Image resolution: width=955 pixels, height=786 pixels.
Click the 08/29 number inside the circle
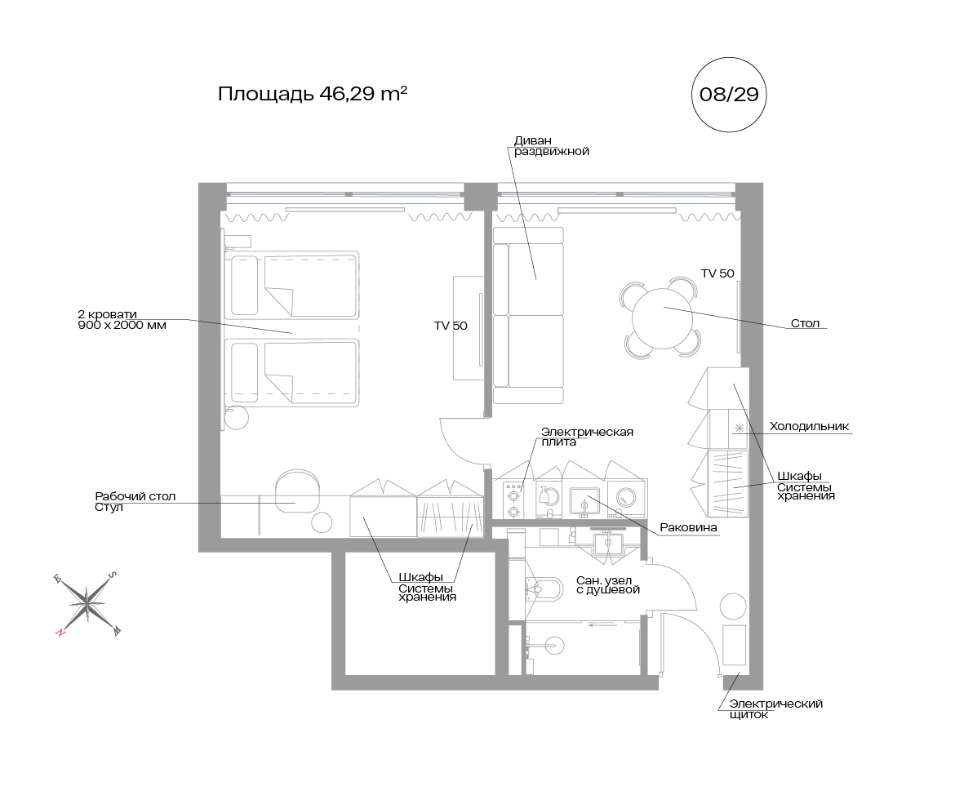729,95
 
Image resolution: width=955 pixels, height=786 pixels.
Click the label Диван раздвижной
551,146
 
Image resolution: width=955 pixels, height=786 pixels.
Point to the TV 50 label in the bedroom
451,326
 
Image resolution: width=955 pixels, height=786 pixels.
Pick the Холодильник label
809,426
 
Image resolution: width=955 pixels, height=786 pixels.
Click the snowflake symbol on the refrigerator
739,428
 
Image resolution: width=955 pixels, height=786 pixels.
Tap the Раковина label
688,527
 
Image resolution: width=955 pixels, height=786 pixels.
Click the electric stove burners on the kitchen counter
513,500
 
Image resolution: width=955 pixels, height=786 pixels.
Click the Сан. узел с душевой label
608,585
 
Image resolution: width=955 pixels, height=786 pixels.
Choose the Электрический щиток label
776,708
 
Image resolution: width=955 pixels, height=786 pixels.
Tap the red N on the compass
60,632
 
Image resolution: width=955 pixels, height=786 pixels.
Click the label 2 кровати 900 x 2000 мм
122,320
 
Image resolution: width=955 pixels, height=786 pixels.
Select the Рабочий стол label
135,496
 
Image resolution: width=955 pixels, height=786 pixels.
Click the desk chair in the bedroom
297,491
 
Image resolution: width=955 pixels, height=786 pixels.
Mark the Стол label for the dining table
805,323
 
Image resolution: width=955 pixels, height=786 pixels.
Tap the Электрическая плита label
587,437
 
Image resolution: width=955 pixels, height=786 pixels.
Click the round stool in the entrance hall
733,607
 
